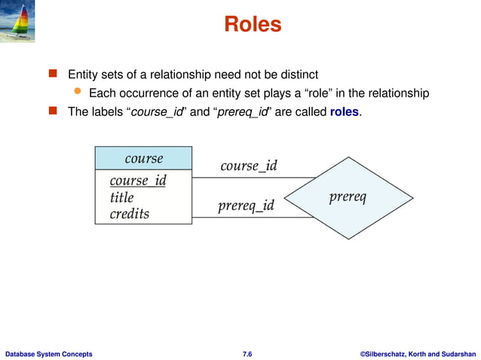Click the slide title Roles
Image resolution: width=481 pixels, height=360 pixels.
coord(253,25)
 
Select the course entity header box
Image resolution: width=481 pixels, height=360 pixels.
coord(143,158)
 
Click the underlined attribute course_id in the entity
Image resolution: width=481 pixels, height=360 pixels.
coord(137,181)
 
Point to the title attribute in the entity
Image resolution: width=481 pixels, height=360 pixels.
coord(121,197)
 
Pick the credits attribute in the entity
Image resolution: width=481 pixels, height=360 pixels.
coord(130,214)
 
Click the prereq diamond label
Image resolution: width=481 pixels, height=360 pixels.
coord(348,197)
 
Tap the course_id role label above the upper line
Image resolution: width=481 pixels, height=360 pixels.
coord(249,166)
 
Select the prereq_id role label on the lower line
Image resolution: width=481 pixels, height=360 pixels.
coord(246,206)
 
